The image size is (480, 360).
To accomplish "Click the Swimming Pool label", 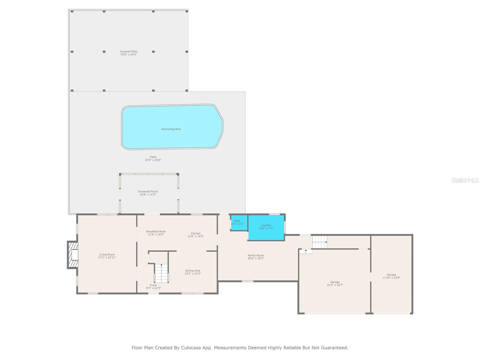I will pyautogui.click(x=171, y=129).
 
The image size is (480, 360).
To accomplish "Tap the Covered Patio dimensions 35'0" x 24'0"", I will pyautogui.click(x=129, y=55).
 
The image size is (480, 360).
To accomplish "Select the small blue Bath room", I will pyautogui.click(x=239, y=223).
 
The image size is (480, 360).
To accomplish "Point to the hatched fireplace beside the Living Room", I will pyautogui.click(x=73, y=255).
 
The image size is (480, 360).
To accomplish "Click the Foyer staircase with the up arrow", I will pyautogui.click(x=161, y=273).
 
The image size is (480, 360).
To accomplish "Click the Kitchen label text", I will pyautogui.click(x=196, y=233).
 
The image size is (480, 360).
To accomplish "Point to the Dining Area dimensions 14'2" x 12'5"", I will pyautogui.click(x=193, y=274).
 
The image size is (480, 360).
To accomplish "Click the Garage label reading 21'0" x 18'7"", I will pyautogui.click(x=335, y=285).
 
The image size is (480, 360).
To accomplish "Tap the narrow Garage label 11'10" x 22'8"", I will pyautogui.click(x=391, y=278).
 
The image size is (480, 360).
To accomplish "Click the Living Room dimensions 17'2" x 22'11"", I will pyautogui.click(x=107, y=257).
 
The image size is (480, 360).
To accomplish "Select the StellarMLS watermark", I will pyautogui.click(x=465, y=180).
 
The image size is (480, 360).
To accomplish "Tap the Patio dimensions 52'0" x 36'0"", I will pyautogui.click(x=153, y=160).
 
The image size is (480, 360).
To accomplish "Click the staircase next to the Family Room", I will pyautogui.click(x=319, y=242).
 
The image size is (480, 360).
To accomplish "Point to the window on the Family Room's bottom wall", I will pyautogui.click(x=247, y=281).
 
